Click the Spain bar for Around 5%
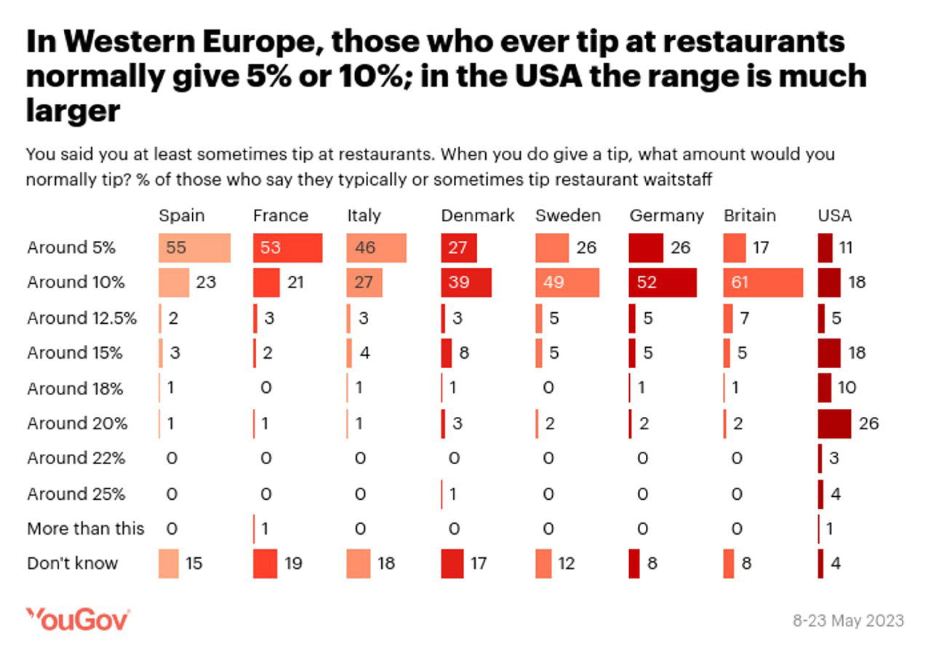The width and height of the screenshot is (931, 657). [x=194, y=248]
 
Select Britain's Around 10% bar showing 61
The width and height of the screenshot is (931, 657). [x=763, y=282]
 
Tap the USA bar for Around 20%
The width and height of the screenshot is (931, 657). [x=834, y=423]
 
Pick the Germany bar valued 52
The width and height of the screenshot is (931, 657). [x=663, y=282]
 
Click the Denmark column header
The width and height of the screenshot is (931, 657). [x=477, y=215]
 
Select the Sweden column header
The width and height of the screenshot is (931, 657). [x=568, y=215]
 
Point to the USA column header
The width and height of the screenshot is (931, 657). [x=834, y=215]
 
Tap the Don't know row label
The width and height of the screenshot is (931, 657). [x=72, y=563]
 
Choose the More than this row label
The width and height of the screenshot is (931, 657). [x=86, y=528]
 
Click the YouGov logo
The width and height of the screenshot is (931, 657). [x=78, y=620]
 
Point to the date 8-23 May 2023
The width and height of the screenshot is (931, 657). [x=848, y=621]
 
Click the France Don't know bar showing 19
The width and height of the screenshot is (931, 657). [x=265, y=563]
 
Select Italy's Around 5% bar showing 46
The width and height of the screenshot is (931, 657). [x=377, y=248]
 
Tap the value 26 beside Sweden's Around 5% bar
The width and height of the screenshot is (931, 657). [x=586, y=248]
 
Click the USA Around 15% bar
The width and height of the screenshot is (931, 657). [x=829, y=353]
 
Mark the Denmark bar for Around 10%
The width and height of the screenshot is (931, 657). [x=466, y=282]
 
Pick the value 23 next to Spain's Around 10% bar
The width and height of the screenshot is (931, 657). [x=206, y=282]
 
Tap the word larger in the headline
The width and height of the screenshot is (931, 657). [x=73, y=111]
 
